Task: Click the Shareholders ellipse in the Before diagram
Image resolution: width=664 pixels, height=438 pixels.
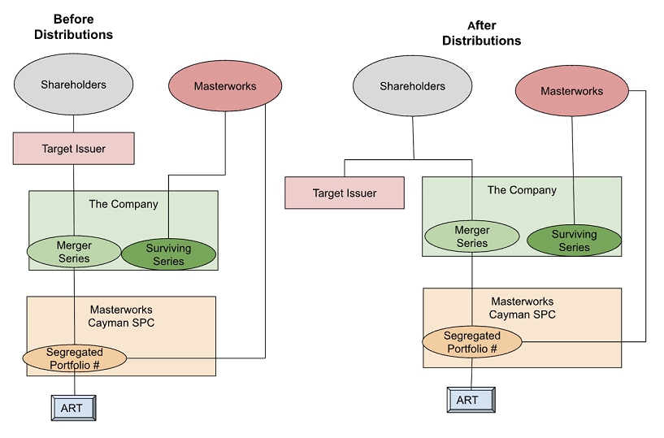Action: (x=74, y=85)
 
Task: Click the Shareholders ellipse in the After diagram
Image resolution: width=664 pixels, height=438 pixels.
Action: (x=413, y=87)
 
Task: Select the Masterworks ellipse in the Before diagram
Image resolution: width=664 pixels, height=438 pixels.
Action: (x=224, y=86)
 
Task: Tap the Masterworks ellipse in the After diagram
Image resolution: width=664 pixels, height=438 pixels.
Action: (x=571, y=91)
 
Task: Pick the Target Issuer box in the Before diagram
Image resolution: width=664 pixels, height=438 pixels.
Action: (x=73, y=149)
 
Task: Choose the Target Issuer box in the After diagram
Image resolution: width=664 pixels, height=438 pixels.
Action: (x=345, y=193)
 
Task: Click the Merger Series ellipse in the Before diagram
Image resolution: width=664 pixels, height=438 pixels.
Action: (x=74, y=252)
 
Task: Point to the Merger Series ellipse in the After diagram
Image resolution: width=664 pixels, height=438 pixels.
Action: (x=472, y=236)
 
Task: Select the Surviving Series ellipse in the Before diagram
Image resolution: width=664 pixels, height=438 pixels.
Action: (x=169, y=254)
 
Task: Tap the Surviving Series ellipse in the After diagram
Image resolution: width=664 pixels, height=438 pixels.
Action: (x=574, y=241)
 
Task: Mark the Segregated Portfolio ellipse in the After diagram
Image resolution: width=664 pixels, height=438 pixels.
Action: (x=472, y=342)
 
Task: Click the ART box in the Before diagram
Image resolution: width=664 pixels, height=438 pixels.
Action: (x=72, y=408)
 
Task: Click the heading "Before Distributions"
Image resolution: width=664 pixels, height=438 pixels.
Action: (x=73, y=26)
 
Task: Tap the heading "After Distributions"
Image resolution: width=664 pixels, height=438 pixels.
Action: (x=481, y=33)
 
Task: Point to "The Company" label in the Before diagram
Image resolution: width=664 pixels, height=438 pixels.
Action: (x=124, y=204)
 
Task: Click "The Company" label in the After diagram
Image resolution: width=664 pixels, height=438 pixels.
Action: (x=522, y=190)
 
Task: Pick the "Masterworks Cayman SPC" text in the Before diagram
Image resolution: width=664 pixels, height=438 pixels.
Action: (x=121, y=315)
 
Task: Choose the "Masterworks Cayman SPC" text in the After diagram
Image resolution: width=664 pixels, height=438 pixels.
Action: (x=522, y=308)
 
